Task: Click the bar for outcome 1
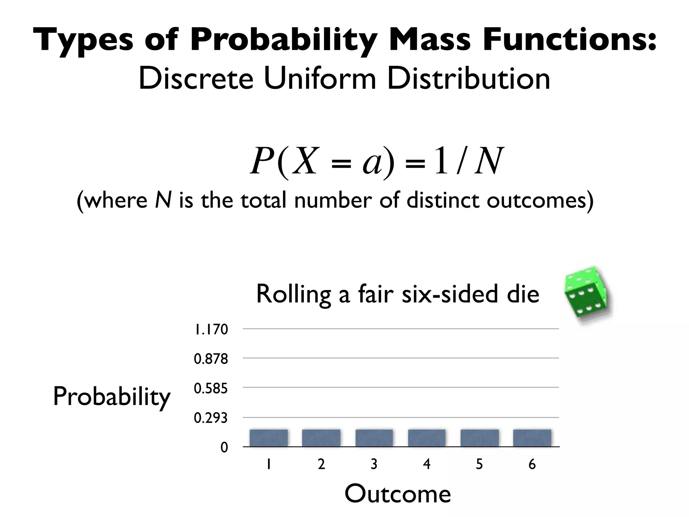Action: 268,438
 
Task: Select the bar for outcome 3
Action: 374,438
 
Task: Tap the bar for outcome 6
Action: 532,438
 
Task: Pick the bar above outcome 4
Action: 427,438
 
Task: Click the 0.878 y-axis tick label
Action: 211,359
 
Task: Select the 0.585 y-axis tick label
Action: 211,388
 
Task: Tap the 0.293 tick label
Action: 211,418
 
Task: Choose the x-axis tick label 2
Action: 321,464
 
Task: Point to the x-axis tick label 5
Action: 479,464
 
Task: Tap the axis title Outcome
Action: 398,494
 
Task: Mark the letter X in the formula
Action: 305,161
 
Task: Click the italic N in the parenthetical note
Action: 163,200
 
